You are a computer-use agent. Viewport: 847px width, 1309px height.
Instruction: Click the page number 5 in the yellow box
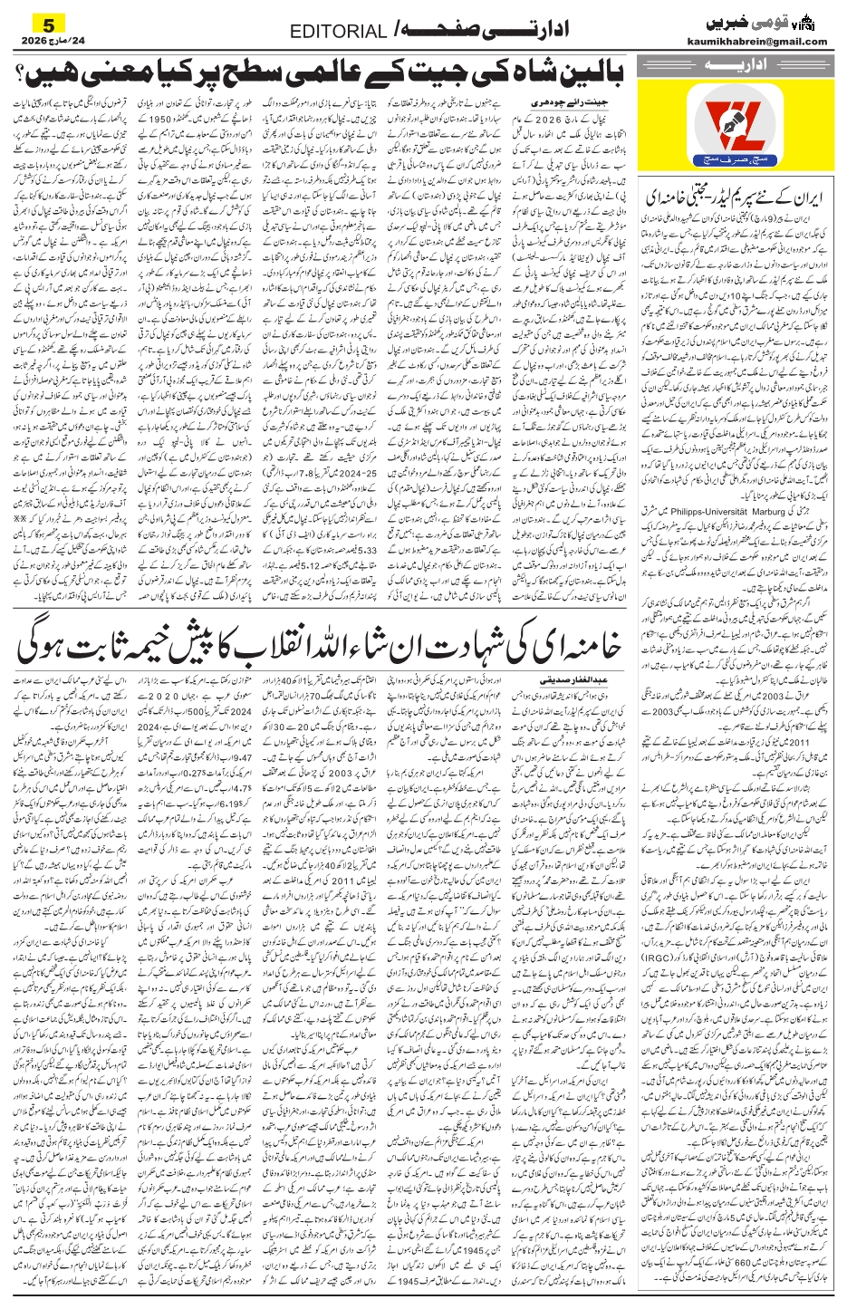(x=49, y=22)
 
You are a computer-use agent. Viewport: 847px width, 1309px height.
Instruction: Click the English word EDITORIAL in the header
(x=338, y=33)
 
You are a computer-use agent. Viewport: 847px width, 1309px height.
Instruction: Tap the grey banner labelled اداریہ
(x=735, y=67)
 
